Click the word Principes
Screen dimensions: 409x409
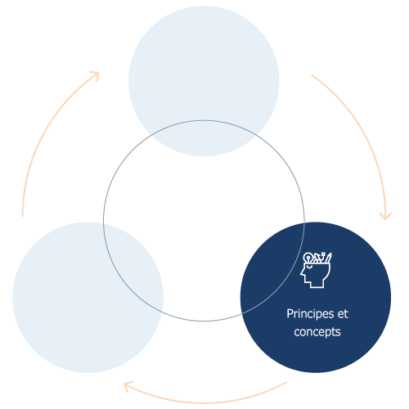pyautogui.click(x=310, y=314)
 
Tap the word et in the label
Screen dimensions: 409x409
pyautogui.click(x=343, y=314)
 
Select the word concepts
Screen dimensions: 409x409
pyautogui.click(x=317, y=332)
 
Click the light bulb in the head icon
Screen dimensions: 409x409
pyautogui.click(x=308, y=258)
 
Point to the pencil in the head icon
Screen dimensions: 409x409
pyautogui.click(x=328, y=258)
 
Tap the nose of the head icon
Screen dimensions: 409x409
pyautogui.click(x=302, y=273)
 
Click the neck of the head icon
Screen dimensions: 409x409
pyautogui.click(x=317, y=284)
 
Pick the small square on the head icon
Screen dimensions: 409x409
pyautogui.click(x=323, y=254)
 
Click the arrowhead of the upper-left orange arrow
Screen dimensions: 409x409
pyautogui.click(x=96, y=75)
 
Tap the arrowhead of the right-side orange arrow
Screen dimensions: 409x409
pyautogui.click(x=385, y=216)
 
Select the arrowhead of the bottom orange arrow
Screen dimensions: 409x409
pyautogui.click(x=127, y=385)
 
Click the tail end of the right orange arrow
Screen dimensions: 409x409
pyautogui.click(x=312, y=74)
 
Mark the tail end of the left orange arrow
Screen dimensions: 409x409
pyautogui.click(x=23, y=216)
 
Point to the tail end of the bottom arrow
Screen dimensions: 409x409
pyautogui.click(x=287, y=382)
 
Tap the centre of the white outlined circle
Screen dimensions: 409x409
pyautogui.click(x=204, y=221)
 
